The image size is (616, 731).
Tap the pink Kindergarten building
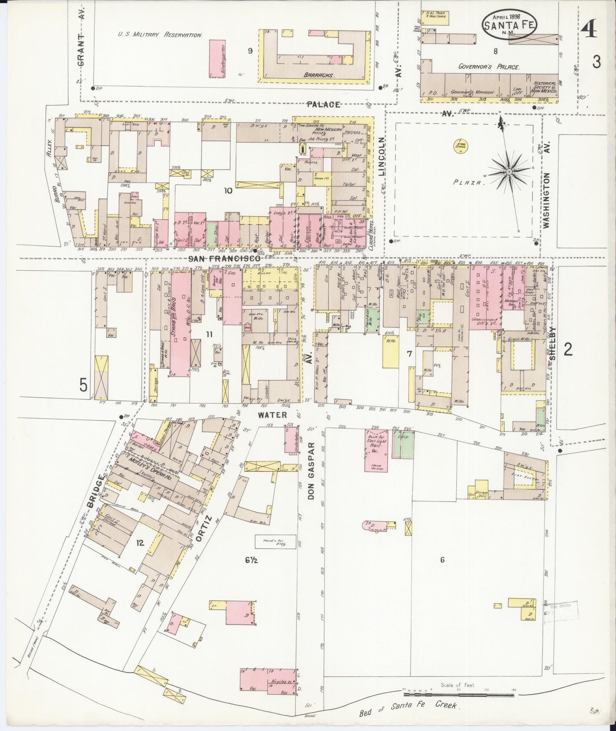217,59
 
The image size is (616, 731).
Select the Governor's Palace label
489,67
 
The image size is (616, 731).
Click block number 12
139,543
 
